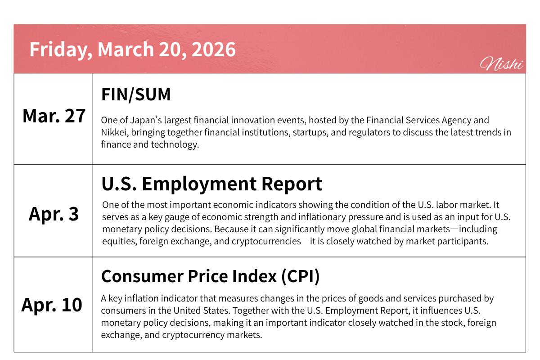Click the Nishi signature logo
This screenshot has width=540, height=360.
coord(501,64)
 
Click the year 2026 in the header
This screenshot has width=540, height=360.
coord(214,49)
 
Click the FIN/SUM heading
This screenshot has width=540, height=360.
coord(136,94)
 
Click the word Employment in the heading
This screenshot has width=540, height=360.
coord(199,184)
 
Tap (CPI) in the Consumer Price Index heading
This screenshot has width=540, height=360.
coord(301,276)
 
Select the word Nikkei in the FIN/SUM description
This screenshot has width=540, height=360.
coord(115,132)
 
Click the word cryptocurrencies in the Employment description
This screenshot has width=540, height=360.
coord(266,242)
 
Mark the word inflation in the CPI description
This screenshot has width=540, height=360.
coord(141,298)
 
